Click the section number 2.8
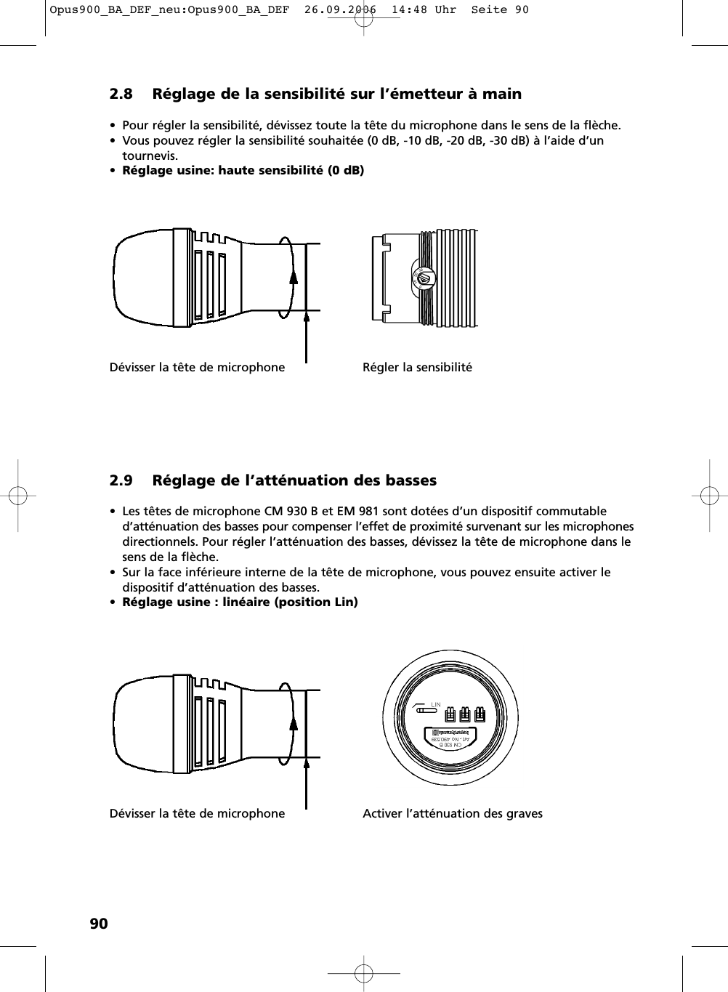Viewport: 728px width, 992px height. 121,94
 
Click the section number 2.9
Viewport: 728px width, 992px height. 121,480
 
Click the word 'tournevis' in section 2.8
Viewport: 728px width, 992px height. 150,156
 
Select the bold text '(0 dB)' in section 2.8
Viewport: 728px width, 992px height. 345,170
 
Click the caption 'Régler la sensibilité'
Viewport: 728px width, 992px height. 417,367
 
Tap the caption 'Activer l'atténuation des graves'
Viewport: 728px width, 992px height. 452,813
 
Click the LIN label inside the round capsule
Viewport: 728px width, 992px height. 436,704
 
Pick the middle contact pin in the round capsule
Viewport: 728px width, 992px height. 465,714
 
